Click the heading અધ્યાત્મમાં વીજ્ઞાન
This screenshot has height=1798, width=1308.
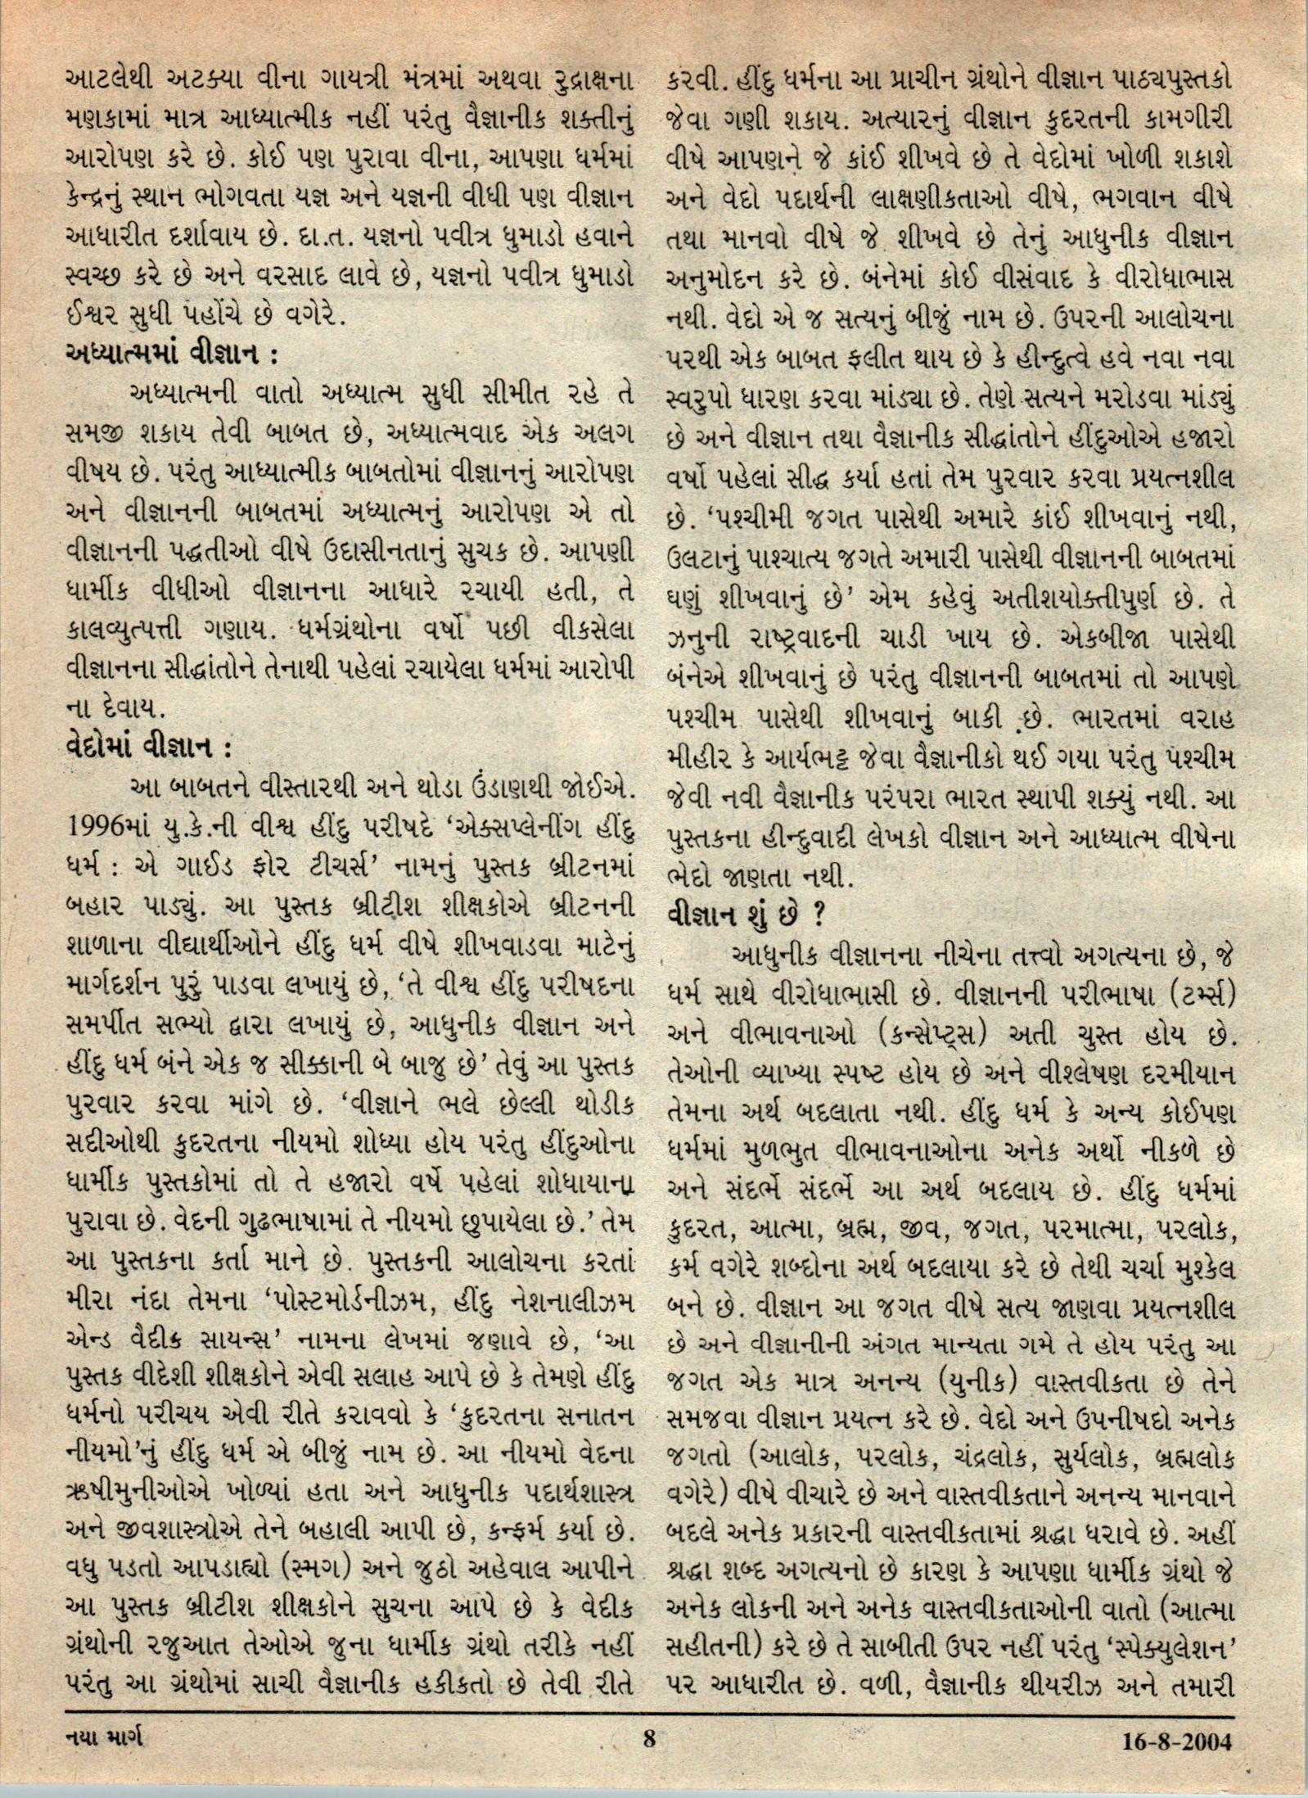coord(172,358)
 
